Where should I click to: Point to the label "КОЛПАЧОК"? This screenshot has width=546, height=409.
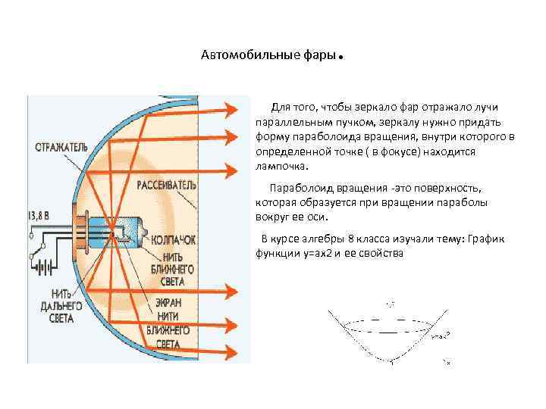click(x=173, y=239)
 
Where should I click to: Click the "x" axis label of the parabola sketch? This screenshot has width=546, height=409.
click(x=448, y=364)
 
